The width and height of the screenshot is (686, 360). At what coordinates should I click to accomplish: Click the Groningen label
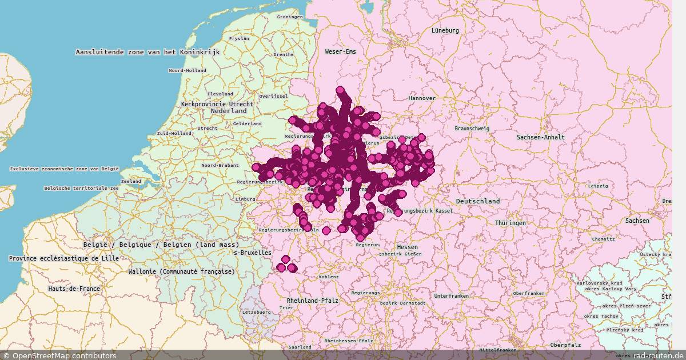pyautogui.click(x=290, y=17)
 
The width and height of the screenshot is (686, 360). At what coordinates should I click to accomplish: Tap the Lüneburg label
pyautogui.click(x=445, y=30)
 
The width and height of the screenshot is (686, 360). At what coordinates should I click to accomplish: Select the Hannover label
pyautogui.click(x=422, y=98)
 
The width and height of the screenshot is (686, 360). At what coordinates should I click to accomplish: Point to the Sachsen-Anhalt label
pyautogui.click(x=540, y=137)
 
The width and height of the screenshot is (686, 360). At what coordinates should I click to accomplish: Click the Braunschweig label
pyautogui.click(x=472, y=129)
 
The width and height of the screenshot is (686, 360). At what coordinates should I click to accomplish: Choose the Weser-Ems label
pyautogui.click(x=340, y=51)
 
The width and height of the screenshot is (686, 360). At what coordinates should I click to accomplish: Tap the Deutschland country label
pyautogui.click(x=478, y=201)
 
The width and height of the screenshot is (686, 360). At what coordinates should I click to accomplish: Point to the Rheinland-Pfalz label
pyautogui.click(x=313, y=300)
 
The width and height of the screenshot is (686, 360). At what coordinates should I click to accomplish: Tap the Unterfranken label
pyautogui.click(x=451, y=296)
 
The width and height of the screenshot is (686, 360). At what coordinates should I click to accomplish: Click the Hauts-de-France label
pyautogui.click(x=74, y=289)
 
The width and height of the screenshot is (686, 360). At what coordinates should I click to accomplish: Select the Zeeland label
pyautogui.click(x=131, y=181)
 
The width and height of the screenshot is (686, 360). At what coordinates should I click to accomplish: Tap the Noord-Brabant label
pyautogui.click(x=220, y=165)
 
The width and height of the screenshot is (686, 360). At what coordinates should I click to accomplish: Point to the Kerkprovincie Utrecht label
pyautogui.click(x=217, y=105)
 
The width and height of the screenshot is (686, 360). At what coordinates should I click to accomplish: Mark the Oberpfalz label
pyautogui.click(x=565, y=345)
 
